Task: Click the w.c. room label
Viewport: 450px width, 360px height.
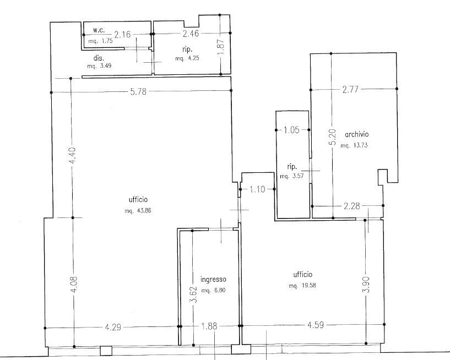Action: point(99,30)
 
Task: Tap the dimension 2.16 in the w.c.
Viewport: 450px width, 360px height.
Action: point(122,35)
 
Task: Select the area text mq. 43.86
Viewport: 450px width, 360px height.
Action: point(138,211)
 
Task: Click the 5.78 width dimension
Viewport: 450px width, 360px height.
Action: point(138,91)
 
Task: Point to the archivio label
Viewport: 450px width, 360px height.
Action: point(357,134)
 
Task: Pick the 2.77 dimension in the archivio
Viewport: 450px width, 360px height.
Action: point(350,90)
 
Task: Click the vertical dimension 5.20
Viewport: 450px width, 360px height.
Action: point(332,137)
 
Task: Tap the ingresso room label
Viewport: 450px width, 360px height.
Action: point(213,280)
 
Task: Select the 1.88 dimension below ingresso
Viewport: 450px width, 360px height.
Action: point(209,326)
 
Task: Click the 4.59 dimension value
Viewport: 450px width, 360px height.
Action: point(316,325)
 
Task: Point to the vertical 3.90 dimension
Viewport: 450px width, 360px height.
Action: point(367,284)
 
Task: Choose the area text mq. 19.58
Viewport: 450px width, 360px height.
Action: point(302,286)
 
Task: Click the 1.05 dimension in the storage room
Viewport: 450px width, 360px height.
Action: point(291,130)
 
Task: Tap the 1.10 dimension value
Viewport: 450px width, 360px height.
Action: point(257,189)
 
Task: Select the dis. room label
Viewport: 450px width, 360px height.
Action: point(99,58)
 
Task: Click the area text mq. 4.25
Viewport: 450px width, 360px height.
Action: point(187,58)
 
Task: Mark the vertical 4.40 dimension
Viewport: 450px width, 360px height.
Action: point(73,155)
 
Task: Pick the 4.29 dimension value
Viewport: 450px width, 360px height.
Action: point(113,328)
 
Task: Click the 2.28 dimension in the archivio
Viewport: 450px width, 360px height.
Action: point(351,206)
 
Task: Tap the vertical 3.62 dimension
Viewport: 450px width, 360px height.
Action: point(194,294)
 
